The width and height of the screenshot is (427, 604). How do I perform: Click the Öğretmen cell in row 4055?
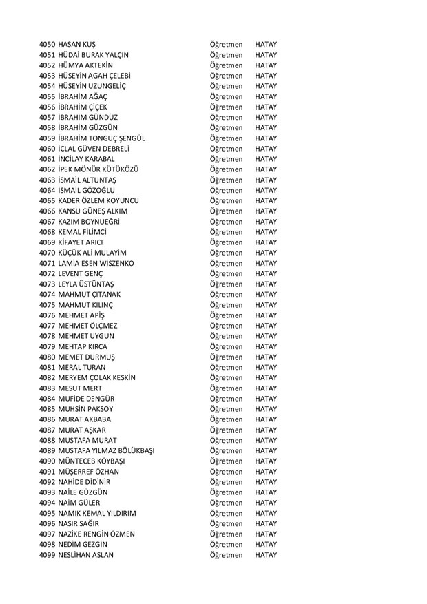(x=227, y=96)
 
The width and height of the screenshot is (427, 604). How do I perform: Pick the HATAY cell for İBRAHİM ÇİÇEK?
(x=265, y=107)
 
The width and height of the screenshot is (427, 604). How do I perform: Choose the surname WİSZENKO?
(x=114, y=263)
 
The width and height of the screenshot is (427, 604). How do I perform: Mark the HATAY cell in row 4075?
(x=265, y=305)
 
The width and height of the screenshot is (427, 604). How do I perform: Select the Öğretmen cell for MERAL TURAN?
(x=227, y=368)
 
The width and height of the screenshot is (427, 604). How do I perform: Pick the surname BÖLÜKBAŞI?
(x=131, y=451)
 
